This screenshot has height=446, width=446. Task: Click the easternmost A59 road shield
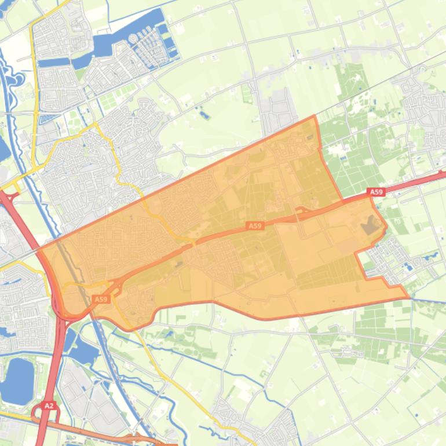[375, 192]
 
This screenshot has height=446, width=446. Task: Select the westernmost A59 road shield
[101, 299]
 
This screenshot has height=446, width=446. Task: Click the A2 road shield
[49, 406]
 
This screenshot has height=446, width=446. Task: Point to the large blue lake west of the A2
[17, 380]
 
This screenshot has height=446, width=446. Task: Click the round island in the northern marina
[134, 38]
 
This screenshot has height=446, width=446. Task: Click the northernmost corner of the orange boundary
[315, 116]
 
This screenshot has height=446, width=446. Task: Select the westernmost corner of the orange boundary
[38, 251]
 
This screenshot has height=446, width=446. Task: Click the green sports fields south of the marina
[110, 102]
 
